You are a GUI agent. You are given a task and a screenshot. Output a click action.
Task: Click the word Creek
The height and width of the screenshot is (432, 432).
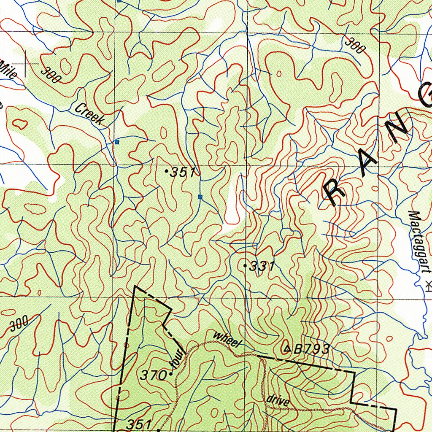(89, 114)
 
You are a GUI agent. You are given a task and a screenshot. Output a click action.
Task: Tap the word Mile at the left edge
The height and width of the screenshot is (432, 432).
(8, 70)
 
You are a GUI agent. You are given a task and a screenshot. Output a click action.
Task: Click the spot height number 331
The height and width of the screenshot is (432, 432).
(262, 266)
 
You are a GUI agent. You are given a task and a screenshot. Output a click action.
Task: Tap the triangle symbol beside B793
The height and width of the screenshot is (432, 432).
(287, 348)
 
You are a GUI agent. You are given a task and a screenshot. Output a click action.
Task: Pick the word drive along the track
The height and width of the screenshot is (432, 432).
(278, 400)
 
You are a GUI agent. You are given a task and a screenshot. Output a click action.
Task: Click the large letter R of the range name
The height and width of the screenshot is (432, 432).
(335, 192)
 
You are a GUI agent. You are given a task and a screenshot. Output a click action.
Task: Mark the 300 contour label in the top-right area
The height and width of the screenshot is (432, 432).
(355, 45)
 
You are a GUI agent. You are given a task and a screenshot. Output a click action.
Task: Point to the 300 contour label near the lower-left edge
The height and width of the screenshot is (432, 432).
(19, 323)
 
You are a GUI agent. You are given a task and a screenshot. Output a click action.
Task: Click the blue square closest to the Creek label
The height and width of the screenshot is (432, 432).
(117, 142)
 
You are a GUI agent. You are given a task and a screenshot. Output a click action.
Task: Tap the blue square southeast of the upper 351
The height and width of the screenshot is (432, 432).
(200, 197)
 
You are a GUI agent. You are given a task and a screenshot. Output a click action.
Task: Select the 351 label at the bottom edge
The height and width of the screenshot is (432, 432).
(139, 424)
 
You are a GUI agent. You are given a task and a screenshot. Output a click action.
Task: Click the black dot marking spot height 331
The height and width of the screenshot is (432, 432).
(246, 265)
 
